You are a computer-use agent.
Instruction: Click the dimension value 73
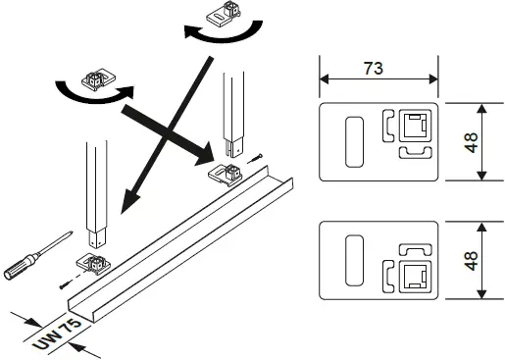374,70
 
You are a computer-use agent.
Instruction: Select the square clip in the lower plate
413,272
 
